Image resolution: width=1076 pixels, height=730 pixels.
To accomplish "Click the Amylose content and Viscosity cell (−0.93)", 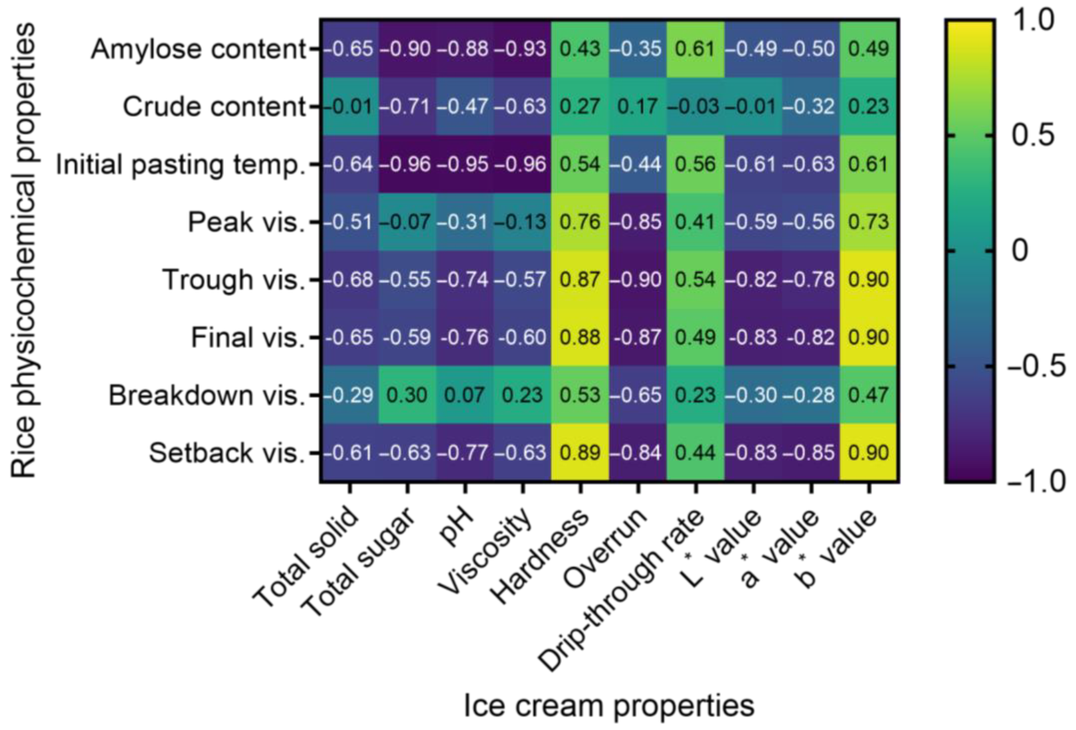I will pyautogui.click(x=522, y=49).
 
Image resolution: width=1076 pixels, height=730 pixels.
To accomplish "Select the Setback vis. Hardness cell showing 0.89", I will pyautogui.click(x=580, y=453).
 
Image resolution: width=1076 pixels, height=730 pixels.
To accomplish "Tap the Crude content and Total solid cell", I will pyautogui.click(x=350, y=107).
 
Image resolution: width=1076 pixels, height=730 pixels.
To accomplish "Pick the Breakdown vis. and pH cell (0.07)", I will pyautogui.click(x=464, y=395).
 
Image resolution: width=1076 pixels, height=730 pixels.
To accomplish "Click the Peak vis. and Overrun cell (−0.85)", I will pyautogui.click(x=637, y=222).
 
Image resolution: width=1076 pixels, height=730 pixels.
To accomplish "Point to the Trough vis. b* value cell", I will pyautogui.click(x=868, y=280).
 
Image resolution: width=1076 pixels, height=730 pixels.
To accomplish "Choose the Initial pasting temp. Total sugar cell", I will pyautogui.click(x=407, y=164).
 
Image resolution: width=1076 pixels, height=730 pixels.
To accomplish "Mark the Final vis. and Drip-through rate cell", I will pyautogui.click(x=695, y=337).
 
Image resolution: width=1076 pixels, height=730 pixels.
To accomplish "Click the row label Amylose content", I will pyautogui.click(x=199, y=49).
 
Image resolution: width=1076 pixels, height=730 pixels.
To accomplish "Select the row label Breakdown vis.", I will pyautogui.click(x=207, y=395).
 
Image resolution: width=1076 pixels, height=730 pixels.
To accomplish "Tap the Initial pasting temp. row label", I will pyautogui.click(x=180, y=164).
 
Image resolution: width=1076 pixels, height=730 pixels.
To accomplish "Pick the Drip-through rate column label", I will pyautogui.click(x=621, y=591).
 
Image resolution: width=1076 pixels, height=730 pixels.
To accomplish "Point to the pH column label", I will pyautogui.click(x=456, y=528).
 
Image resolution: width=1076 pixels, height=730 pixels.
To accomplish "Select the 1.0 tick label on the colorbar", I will pyautogui.click(x=1033, y=20).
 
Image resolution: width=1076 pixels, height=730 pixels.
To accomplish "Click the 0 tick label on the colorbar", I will pyautogui.click(x=1019, y=251).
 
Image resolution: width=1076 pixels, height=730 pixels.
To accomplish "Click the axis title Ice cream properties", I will pyautogui.click(x=608, y=705).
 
